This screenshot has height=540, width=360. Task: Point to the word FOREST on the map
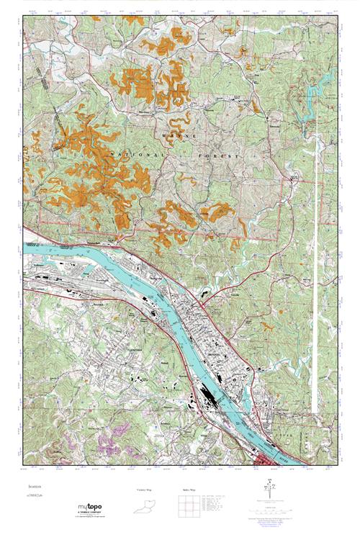point(216,154)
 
